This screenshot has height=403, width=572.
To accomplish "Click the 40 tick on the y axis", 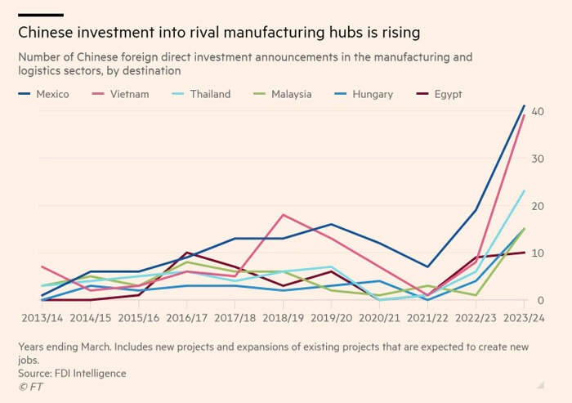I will (538, 111).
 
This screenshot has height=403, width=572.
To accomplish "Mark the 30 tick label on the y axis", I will (538, 159).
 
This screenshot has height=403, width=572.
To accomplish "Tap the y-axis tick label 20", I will (538, 206).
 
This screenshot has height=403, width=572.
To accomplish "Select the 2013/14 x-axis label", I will (42, 316).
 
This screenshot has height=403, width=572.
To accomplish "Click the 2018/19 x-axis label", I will (283, 316).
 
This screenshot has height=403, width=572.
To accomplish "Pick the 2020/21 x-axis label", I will (379, 316).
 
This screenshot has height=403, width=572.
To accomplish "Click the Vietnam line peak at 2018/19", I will (283, 215).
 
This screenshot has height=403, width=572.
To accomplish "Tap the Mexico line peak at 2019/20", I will (331, 224).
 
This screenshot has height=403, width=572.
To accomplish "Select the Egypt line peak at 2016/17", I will (186, 253).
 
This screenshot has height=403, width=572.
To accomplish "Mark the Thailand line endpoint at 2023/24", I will (524, 190).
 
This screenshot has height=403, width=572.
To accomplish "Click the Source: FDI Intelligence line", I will (72, 373).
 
